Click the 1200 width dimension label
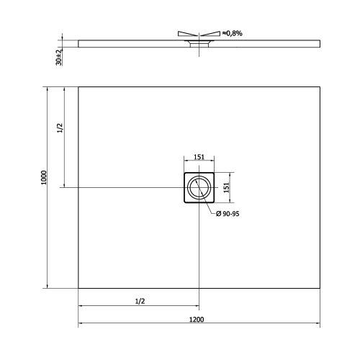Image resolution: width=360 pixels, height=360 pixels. tap(198, 319)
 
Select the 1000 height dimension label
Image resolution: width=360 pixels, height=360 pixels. tap(44, 178)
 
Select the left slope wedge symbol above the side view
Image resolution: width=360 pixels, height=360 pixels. tap(186, 33)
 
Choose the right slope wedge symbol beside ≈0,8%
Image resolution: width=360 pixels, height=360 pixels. tap(210, 33)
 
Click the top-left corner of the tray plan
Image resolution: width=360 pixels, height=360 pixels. tap(78, 87)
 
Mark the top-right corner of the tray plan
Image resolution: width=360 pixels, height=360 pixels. tap(318, 87)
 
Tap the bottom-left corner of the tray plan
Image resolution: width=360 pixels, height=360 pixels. tap(78, 288)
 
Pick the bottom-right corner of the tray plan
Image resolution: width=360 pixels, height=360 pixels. tap(318, 288)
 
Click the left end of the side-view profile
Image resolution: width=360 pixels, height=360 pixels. tap(78, 42)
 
